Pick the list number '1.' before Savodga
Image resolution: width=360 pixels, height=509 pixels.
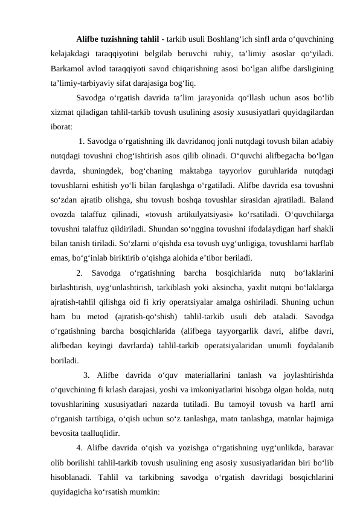tap(82, 143)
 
